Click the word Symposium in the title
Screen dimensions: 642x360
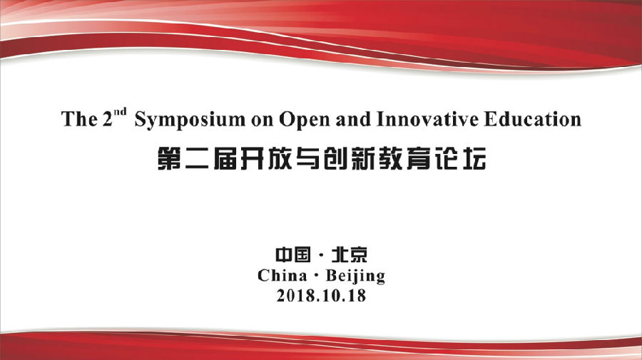point(190,120)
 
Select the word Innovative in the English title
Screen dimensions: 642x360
point(427,119)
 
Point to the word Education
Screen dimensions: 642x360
point(532,119)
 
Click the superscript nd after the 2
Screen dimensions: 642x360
point(120,112)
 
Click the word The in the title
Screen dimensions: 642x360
point(79,119)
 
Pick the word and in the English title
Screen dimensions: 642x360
point(353,119)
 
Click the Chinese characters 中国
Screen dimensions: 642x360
point(292,254)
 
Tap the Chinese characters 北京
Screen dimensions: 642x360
point(350,254)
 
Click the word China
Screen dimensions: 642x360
point(282,275)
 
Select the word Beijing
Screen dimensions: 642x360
point(356,276)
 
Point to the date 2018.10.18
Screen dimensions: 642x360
point(321,295)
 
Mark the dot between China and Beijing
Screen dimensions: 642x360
point(316,276)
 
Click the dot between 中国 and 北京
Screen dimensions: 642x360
point(321,256)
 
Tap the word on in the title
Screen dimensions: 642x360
point(262,120)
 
